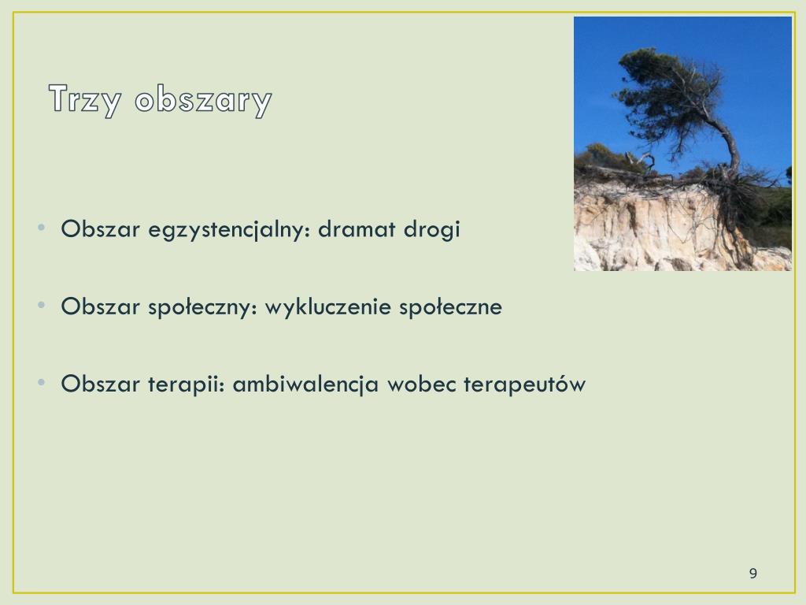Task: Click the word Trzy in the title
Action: pos(85,99)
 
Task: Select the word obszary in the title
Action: pos(203,99)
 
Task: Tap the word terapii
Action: pos(187,384)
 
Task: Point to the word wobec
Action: pos(422,384)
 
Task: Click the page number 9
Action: pos(753,573)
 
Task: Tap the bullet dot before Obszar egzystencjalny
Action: pos(42,228)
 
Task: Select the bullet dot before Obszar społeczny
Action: pos(42,305)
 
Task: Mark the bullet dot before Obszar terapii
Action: pos(42,382)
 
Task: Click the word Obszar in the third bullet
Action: pos(100,384)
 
